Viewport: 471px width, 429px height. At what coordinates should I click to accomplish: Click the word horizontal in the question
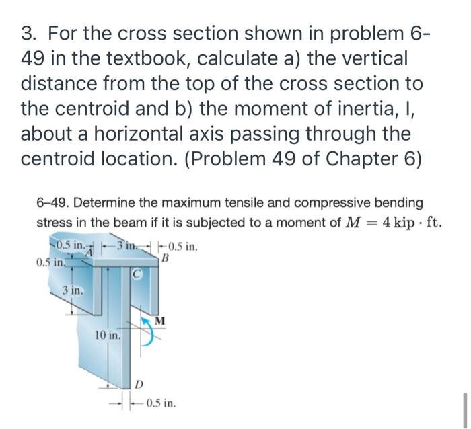[139, 133]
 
